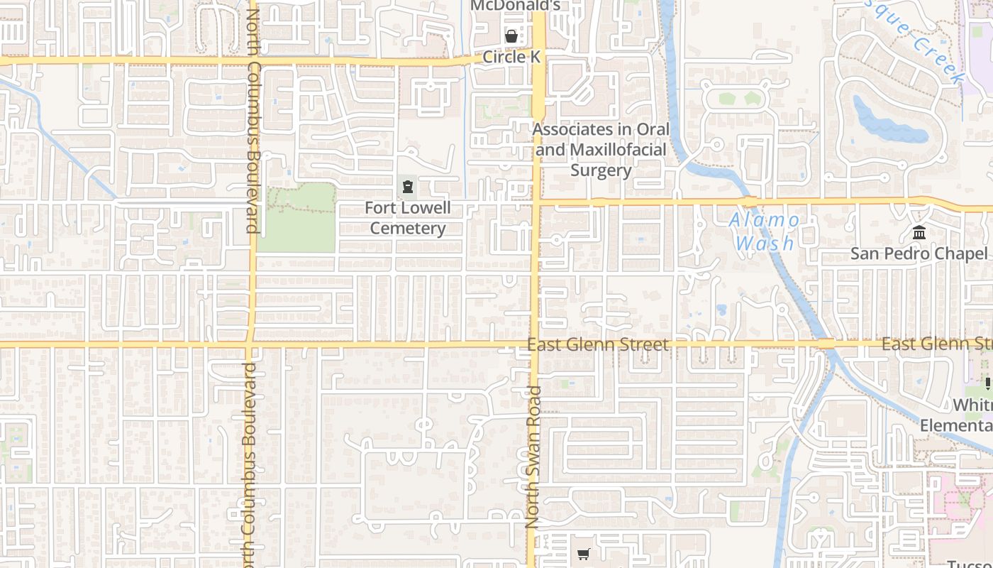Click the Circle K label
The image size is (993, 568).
click(x=511, y=57)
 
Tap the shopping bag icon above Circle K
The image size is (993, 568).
click(x=511, y=35)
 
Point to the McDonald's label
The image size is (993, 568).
click(x=516, y=6)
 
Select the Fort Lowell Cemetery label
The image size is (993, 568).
click(x=408, y=218)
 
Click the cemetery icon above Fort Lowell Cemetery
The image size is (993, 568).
click(x=408, y=187)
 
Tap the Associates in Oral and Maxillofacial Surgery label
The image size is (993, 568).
click(x=601, y=150)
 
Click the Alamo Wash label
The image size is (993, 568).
click(x=765, y=231)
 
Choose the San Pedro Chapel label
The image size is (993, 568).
click(x=919, y=253)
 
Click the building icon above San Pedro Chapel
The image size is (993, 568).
click(x=920, y=232)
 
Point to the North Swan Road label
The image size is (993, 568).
click(x=533, y=457)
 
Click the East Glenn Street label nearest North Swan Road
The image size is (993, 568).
click(x=598, y=345)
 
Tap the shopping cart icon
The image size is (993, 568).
click(x=583, y=554)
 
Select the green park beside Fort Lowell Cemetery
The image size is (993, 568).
click(x=296, y=218)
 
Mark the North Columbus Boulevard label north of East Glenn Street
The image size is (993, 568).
click(x=253, y=121)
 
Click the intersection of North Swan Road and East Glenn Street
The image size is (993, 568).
click(x=535, y=345)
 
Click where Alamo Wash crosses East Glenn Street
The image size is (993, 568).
click(x=826, y=344)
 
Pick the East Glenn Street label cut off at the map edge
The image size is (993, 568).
click(x=936, y=344)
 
